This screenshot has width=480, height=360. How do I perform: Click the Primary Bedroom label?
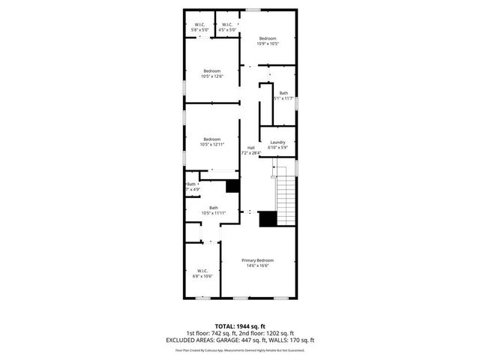coord(256,259)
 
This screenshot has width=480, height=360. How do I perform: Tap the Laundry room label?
coord(277,142)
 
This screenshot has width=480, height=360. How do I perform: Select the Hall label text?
coord(250,147)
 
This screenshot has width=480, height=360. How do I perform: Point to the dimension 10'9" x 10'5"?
coord(268,44)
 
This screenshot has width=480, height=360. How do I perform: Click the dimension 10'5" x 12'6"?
coord(212,76)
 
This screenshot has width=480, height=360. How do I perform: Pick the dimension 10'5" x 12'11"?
coord(212,145)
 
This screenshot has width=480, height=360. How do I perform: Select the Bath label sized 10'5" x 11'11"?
coord(214,208)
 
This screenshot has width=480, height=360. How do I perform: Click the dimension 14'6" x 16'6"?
coord(256,265)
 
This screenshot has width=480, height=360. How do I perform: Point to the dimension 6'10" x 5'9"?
coord(277,148)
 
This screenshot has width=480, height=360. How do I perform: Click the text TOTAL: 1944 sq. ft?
coord(239,326)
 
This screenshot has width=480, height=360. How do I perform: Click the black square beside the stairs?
coord(267,219)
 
